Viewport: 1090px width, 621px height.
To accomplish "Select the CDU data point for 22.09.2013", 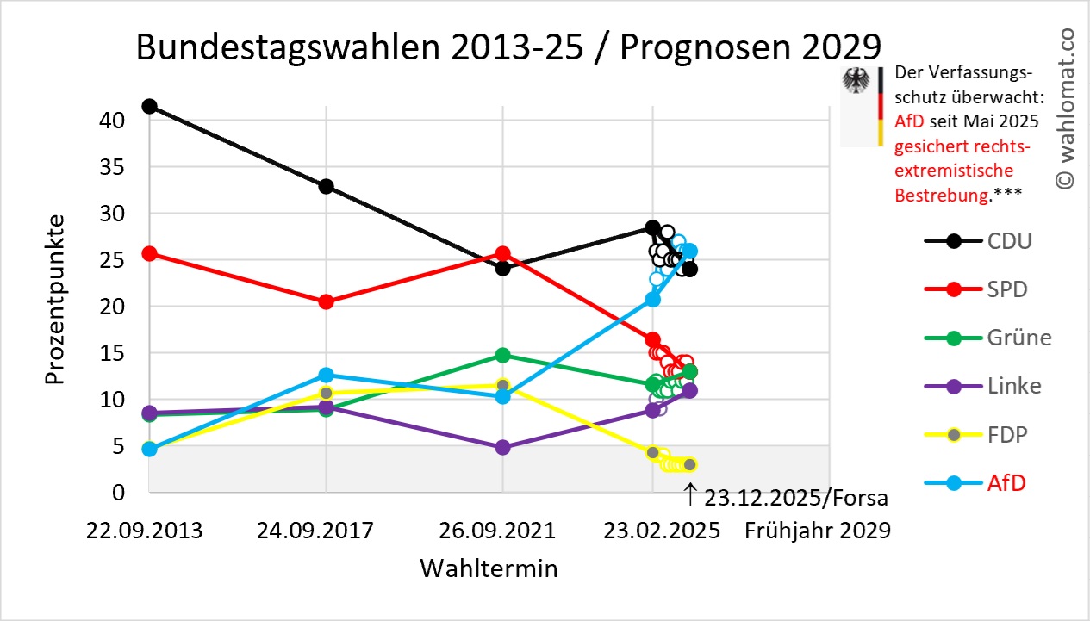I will [x=149, y=106].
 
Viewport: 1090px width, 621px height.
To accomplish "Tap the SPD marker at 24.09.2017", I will [x=326, y=301].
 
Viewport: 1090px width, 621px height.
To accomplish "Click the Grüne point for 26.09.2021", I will [x=503, y=355].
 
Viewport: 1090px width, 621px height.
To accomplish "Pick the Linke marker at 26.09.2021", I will [x=503, y=448].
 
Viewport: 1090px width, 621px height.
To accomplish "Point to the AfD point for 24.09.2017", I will [x=326, y=375].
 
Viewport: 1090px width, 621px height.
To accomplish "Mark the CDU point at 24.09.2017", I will [x=326, y=186].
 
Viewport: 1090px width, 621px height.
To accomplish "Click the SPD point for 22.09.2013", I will [x=149, y=253].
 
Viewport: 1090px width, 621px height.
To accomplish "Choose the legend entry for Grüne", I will [x=1019, y=338].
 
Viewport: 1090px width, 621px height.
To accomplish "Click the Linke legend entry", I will [x=1014, y=386].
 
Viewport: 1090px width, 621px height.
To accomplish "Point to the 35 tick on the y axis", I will [x=114, y=166].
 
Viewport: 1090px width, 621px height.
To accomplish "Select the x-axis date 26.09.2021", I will [x=503, y=531].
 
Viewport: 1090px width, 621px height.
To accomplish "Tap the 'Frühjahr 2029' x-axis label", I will [x=818, y=531].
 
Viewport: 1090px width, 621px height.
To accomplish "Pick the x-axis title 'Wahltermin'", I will [x=489, y=568].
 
